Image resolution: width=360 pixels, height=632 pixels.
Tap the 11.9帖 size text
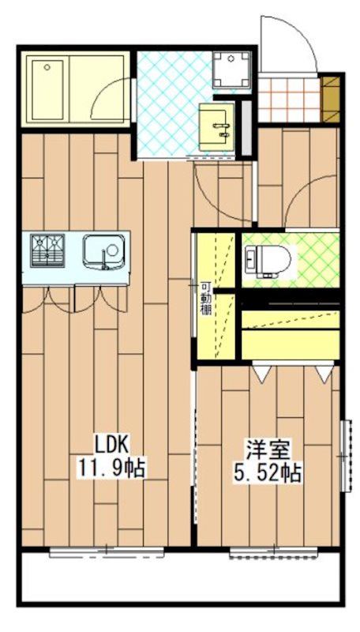point(110,468)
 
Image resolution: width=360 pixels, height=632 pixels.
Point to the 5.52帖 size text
point(266,474)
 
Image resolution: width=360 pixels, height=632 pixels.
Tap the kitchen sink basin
point(104,251)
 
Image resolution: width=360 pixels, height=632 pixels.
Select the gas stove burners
point(47,250)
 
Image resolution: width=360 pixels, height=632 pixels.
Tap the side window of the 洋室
point(343,456)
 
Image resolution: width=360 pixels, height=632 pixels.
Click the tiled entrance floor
point(288,99)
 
